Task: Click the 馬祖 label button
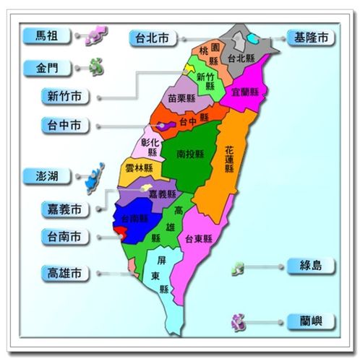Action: pyautogui.click(x=49, y=35)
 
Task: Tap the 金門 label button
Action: pyautogui.click(x=49, y=69)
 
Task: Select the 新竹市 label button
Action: pyautogui.click(x=65, y=95)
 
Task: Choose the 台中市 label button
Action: pyautogui.click(x=65, y=125)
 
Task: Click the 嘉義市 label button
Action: pyautogui.click(x=65, y=209)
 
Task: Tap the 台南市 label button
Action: pyautogui.click(x=65, y=236)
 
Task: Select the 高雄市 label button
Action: pyautogui.click(x=65, y=273)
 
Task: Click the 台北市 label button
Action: pyautogui.click(x=153, y=38)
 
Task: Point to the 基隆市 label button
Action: pyautogui.click(x=310, y=37)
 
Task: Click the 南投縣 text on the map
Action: pyautogui.click(x=189, y=154)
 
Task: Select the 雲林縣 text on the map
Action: pyautogui.click(x=139, y=168)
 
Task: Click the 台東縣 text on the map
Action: pyautogui.click(x=199, y=239)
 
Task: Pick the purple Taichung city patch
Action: pyautogui.click(x=166, y=126)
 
